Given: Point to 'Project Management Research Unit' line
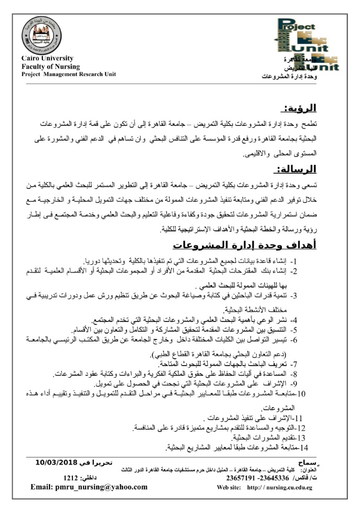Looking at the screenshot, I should pyautogui.click(x=68, y=74).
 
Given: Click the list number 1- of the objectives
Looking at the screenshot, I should pyautogui.click(x=295, y=261).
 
